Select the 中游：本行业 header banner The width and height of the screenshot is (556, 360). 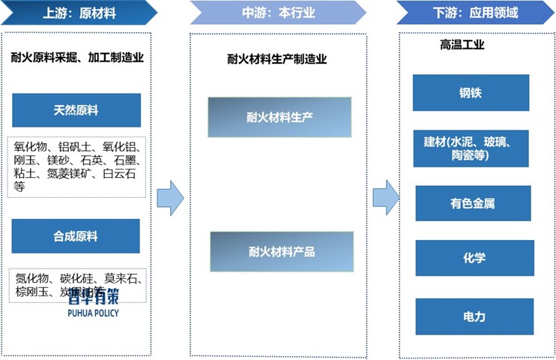(277, 13)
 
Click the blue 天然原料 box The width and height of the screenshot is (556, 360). (76, 110)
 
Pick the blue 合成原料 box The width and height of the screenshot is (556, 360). (76, 236)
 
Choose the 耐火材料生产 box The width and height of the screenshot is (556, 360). (280, 117)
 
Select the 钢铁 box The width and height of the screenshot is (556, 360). (471, 93)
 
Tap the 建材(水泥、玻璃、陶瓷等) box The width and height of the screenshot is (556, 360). (471, 148)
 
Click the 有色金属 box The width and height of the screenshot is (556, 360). (473, 203)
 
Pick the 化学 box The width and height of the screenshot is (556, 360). (474, 258)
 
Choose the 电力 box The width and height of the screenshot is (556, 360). (474, 316)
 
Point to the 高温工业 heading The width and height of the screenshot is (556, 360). (462, 45)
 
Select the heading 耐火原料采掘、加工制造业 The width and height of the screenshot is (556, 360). (77, 56)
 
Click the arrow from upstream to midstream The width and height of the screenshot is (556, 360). (170, 197)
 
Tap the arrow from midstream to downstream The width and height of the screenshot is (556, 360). (385, 197)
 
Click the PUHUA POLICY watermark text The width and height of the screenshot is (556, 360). (92, 313)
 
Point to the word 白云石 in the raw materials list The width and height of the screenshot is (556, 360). (121, 173)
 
